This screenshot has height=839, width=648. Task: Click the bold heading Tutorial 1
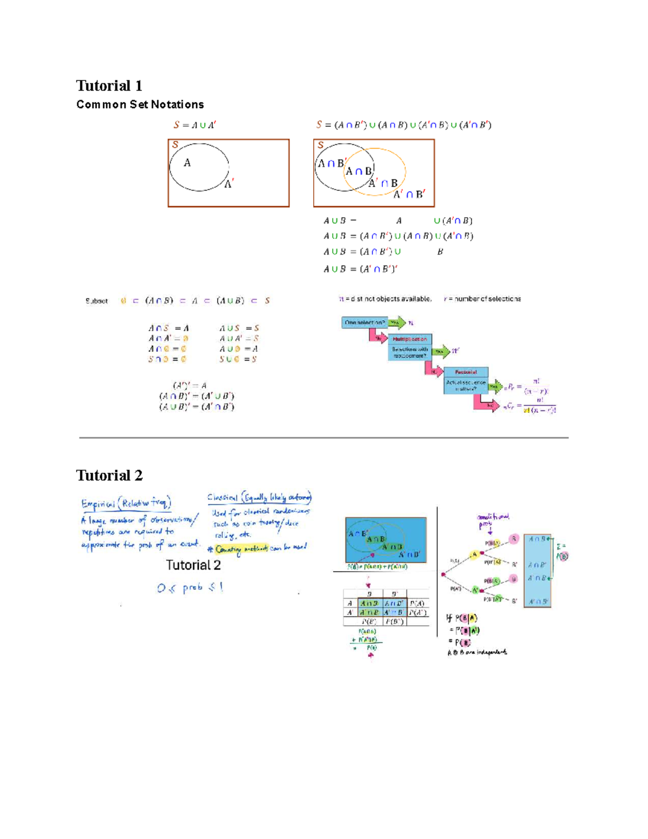[x=109, y=86]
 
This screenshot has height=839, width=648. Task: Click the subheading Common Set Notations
[x=140, y=104]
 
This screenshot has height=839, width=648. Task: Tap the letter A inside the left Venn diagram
[x=187, y=163]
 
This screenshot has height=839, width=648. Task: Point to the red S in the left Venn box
[x=175, y=145]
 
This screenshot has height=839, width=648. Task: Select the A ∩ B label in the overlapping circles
[x=359, y=171]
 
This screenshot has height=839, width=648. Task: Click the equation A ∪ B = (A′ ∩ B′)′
[x=360, y=269]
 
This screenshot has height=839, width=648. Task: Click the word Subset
[x=96, y=301]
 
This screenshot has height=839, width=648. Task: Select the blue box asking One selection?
[x=364, y=323]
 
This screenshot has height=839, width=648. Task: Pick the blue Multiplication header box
[x=410, y=339]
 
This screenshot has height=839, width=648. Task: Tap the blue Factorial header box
[x=465, y=372]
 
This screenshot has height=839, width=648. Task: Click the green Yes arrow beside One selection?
[x=396, y=323]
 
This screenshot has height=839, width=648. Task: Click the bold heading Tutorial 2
[x=109, y=475]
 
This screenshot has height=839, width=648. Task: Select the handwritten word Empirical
[x=98, y=504]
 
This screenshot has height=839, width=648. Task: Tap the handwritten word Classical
[x=222, y=498]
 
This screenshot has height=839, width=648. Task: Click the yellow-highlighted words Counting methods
[x=241, y=549]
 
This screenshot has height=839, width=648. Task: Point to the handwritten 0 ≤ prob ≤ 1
[x=190, y=587]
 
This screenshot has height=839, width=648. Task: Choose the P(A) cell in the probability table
[x=416, y=603]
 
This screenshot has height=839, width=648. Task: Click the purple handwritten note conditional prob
[x=492, y=520]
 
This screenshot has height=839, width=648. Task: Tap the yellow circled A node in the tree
[x=475, y=554]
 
